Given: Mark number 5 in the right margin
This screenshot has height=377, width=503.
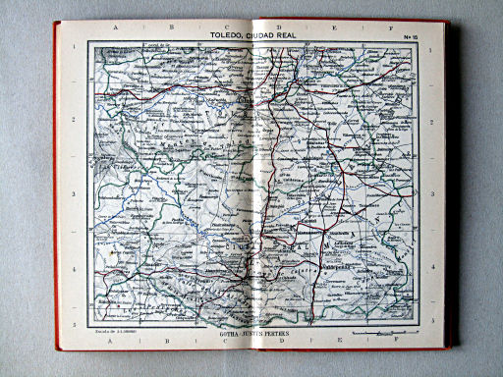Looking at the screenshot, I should point(430,320).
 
